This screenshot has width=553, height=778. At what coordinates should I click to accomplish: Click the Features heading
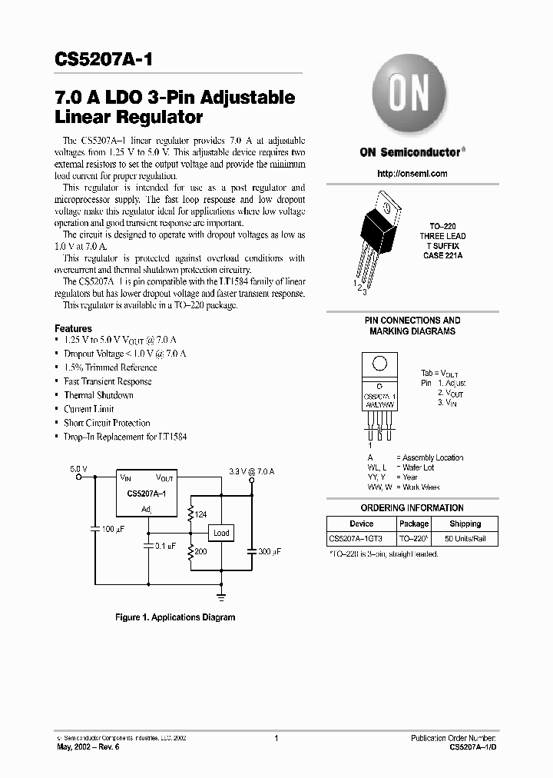74,328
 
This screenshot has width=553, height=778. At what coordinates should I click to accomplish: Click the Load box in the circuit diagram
221,533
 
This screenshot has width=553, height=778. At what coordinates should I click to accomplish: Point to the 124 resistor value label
202,514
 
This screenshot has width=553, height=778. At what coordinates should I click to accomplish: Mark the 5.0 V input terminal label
78,467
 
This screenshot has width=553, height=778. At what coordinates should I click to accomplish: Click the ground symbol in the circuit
220,595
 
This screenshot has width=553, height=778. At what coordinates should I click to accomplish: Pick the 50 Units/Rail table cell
465,538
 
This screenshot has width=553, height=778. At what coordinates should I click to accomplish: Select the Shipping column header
465,524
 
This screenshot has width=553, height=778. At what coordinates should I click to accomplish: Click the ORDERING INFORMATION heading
412,508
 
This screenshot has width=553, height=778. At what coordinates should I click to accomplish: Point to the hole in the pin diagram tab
378,364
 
